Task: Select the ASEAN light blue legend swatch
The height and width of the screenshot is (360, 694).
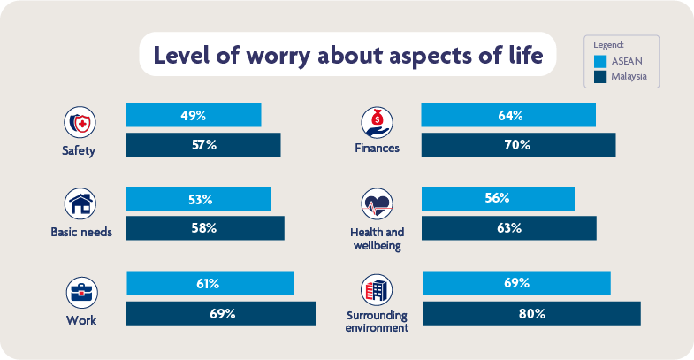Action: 600,61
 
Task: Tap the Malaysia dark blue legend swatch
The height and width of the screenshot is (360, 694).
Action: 600,77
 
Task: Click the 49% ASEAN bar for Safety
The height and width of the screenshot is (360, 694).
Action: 194,115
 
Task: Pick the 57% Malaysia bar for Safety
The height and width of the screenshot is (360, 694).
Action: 203,145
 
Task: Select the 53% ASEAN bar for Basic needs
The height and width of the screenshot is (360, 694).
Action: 199,199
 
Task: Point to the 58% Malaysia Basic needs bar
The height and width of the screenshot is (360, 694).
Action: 205,228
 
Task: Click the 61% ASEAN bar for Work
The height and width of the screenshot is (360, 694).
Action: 210,283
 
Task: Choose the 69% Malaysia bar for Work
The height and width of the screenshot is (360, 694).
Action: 221,313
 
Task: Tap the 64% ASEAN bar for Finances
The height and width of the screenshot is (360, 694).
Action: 508,115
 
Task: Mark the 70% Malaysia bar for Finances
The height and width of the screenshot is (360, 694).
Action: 518,145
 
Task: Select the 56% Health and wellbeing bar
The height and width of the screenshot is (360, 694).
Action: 498,199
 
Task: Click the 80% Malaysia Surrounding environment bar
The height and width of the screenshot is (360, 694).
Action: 531,313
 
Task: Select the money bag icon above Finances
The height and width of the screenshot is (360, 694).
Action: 377,120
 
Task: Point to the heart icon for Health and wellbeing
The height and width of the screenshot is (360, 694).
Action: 377,204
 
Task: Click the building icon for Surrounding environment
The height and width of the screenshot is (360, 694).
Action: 377,289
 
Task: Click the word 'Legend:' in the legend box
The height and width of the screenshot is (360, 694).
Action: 609,43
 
